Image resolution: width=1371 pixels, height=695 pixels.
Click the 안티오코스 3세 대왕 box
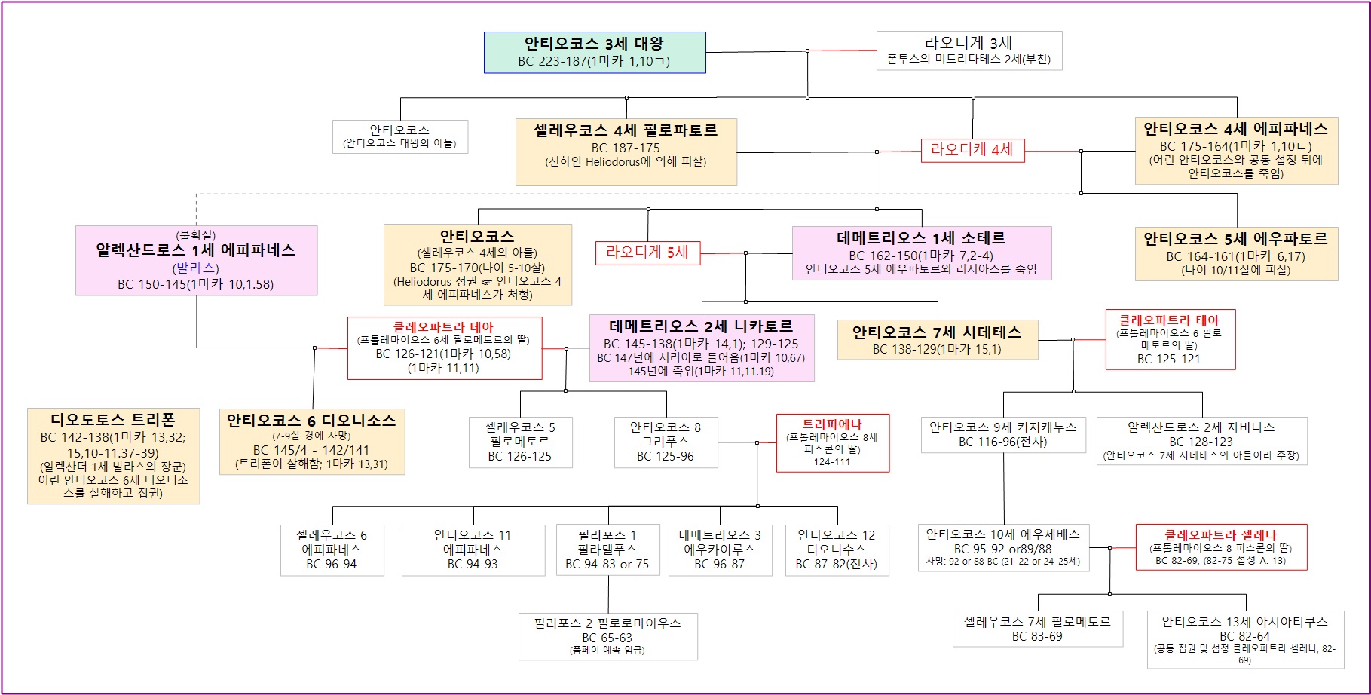pyautogui.click(x=594, y=52)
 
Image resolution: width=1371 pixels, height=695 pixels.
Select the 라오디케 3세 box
pyautogui.click(x=969, y=51)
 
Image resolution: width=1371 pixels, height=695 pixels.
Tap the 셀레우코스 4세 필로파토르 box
pyautogui.click(x=626, y=152)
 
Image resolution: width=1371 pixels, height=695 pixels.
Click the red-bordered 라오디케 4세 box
pyautogui.click(x=972, y=150)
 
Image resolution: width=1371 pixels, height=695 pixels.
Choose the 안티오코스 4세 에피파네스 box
pyautogui.click(x=1236, y=151)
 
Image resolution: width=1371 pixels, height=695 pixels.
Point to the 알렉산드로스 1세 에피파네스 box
pyautogui.click(x=196, y=260)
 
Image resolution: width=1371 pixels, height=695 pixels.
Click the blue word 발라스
pyautogui.click(x=196, y=268)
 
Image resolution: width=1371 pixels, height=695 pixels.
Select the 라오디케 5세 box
pyautogui.click(x=647, y=253)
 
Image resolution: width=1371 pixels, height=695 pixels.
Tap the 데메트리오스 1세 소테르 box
pyautogui.click(x=921, y=253)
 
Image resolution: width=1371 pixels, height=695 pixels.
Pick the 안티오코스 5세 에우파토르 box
pyautogui.click(x=1236, y=254)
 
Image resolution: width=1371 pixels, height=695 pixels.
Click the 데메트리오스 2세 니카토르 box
pyautogui.click(x=701, y=348)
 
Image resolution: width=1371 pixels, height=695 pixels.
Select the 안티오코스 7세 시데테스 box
pyautogui.click(x=937, y=339)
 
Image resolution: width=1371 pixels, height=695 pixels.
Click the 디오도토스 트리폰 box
pyautogui.click(x=113, y=456)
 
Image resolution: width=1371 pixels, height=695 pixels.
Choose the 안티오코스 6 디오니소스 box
pyautogui.click(x=311, y=442)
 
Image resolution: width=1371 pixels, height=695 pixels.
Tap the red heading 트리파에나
pyautogui.click(x=832, y=424)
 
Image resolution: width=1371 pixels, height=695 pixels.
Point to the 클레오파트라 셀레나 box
pyautogui.click(x=1221, y=547)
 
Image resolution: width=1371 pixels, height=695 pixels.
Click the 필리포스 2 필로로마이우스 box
pyautogui.click(x=607, y=636)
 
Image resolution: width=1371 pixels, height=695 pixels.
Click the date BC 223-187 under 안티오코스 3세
pyautogui.click(x=552, y=62)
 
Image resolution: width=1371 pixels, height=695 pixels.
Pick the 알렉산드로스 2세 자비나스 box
pyautogui.click(x=1201, y=440)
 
